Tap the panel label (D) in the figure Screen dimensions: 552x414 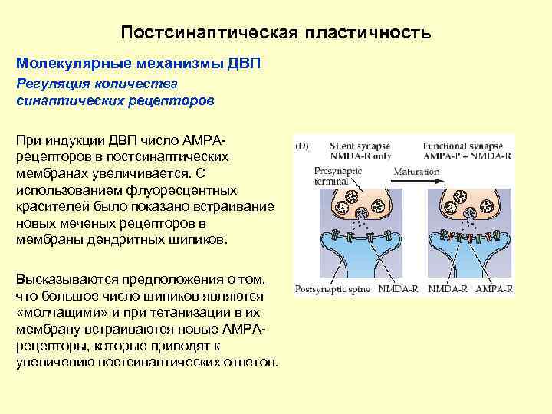coord(303,144)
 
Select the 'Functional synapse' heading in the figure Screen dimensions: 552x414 coord(466,144)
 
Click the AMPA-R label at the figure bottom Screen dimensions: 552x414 coord(494,291)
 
